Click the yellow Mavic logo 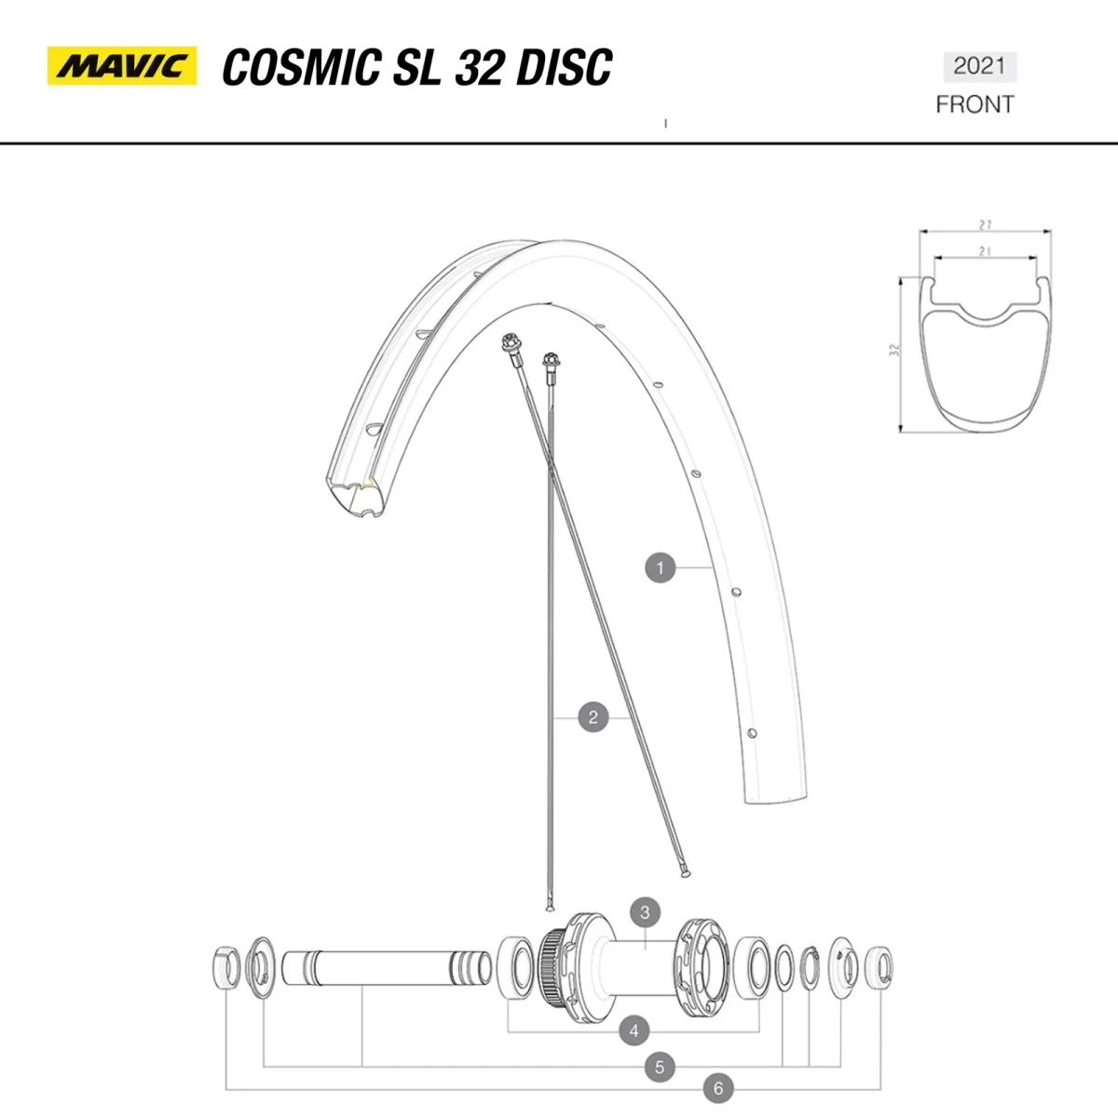point(122,66)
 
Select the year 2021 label point(979,66)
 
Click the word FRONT point(975,104)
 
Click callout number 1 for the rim point(660,567)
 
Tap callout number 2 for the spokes point(593,717)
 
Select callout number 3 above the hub point(645,913)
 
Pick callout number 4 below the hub point(634,1030)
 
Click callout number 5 point(660,1067)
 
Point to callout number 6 point(718,1087)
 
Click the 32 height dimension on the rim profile point(894,351)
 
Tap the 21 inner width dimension point(984,251)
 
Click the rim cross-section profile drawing point(984,354)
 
